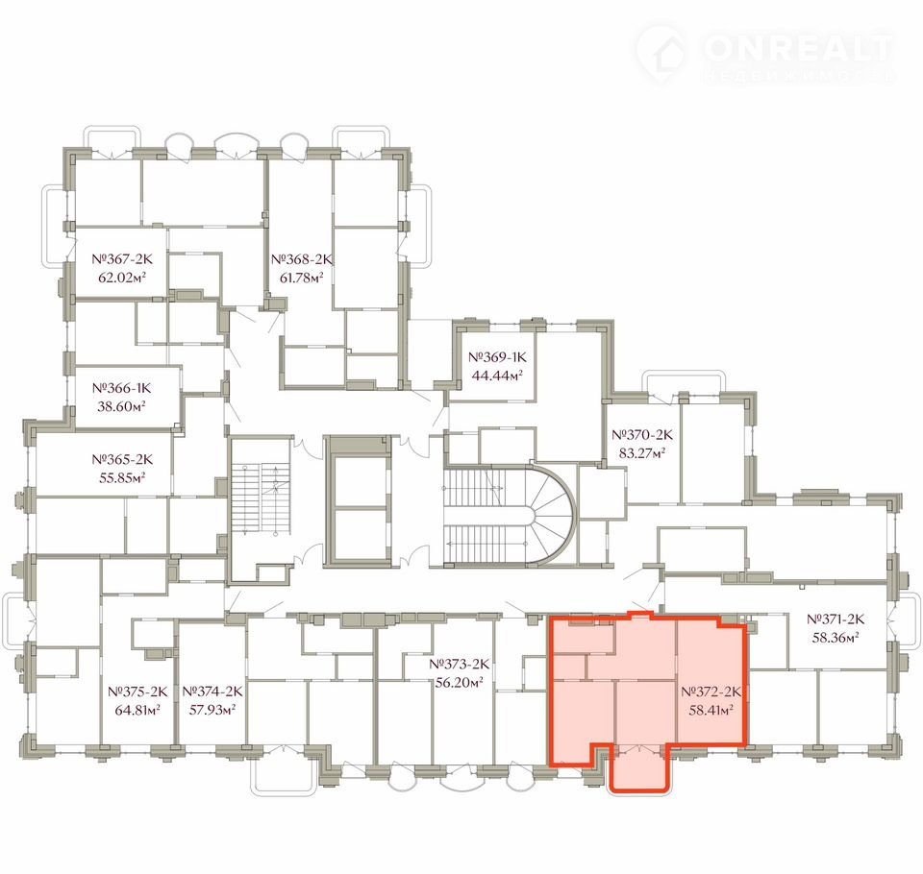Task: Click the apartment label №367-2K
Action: (122, 258)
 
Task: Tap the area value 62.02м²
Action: (122, 277)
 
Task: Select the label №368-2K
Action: (301, 258)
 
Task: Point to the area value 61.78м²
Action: (301, 277)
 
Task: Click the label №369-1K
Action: (497, 357)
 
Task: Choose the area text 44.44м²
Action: (497, 376)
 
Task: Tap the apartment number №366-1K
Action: (122, 388)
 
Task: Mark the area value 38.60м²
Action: (122, 406)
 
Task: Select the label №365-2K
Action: (122, 459)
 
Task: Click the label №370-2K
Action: (642, 435)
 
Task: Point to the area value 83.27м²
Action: (642, 453)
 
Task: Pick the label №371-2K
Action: (836, 619)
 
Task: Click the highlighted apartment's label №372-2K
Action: (711, 692)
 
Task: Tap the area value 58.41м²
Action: (711, 710)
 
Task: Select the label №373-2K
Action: (460, 664)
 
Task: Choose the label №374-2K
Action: (212, 692)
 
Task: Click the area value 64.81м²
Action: (137, 710)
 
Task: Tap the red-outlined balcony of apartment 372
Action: (639, 768)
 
